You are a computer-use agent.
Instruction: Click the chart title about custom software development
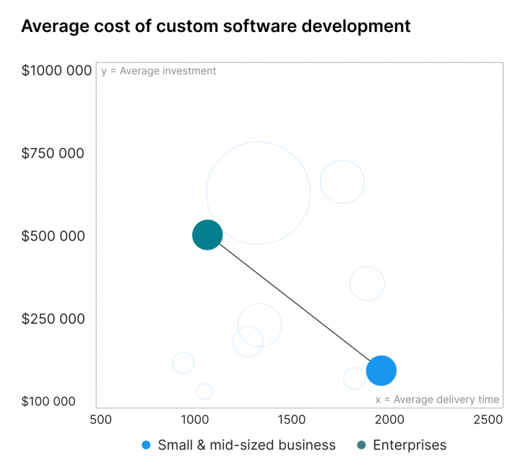[x=216, y=27]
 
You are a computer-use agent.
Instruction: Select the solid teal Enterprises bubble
[x=207, y=235]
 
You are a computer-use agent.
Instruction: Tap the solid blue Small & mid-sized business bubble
[x=381, y=370]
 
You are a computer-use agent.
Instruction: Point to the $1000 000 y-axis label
[x=57, y=70]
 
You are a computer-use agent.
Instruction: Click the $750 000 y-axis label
[x=53, y=153]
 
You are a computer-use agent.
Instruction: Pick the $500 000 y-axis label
[x=53, y=236]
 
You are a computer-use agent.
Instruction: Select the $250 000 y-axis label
[x=53, y=319]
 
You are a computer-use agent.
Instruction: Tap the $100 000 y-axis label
[x=48, y=401]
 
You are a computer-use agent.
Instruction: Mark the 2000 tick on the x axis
[x=389, y=419]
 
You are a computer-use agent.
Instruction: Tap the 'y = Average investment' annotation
[x=158, y=71]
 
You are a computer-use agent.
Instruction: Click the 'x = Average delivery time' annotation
[x=437, y=400]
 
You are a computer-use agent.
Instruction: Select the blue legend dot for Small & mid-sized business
[x=146, y=445]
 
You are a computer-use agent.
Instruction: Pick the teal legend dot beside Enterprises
[x=361, y=445]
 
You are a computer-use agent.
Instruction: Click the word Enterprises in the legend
[x=409, y=445]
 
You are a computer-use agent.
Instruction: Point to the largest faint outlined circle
[x=258, y=193]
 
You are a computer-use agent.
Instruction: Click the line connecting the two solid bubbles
[x=293, y=302]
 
